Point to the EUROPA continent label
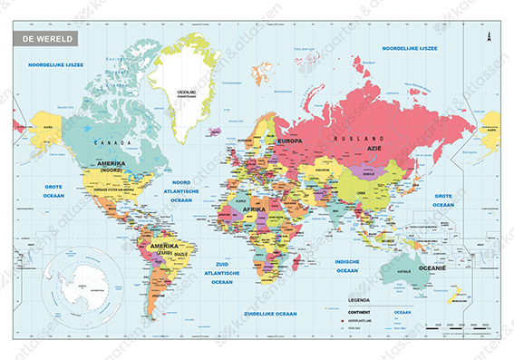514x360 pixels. click(x=289, y=141)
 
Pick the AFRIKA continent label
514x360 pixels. click(x=257, y=209)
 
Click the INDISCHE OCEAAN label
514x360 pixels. click(x=348, y=266)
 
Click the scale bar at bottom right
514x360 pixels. click(x=461, y=326)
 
